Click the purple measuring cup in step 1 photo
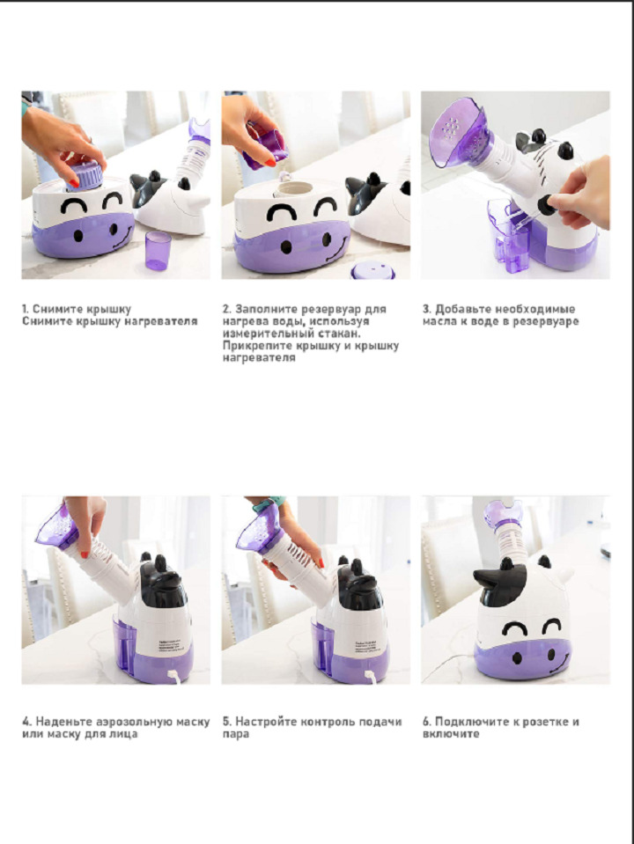(158, 250)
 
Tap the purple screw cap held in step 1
(85, 177)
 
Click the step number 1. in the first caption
(26, 309)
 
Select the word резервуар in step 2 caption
(330, 309)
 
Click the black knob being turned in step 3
(546, 204)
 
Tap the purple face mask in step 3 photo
(459, 132)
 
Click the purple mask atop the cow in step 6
(503, 513)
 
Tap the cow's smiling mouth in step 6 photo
(558, 664)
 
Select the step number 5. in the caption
(227, 722)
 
